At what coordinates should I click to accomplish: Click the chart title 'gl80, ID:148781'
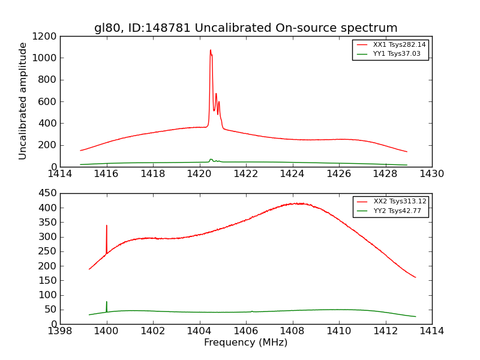tap(245, 28)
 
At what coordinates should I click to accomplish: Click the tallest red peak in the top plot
tap(210, 50)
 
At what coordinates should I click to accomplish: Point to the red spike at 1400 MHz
tap(107, 226)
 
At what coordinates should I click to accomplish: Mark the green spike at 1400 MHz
tap(107, 302)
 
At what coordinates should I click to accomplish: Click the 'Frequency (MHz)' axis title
tap(245, 343)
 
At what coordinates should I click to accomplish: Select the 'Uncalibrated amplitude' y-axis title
tap(23, 101)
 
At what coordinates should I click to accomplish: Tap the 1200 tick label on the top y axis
tap(46, 36)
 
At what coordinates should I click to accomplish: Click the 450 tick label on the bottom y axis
tap(49, 193)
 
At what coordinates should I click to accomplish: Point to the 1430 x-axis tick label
tap(431, 174)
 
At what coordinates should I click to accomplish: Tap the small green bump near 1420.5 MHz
tap(211, 160)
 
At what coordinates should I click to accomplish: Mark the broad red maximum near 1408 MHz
tap(297, 203)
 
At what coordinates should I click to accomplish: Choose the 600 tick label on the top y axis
tap(49, 101)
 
